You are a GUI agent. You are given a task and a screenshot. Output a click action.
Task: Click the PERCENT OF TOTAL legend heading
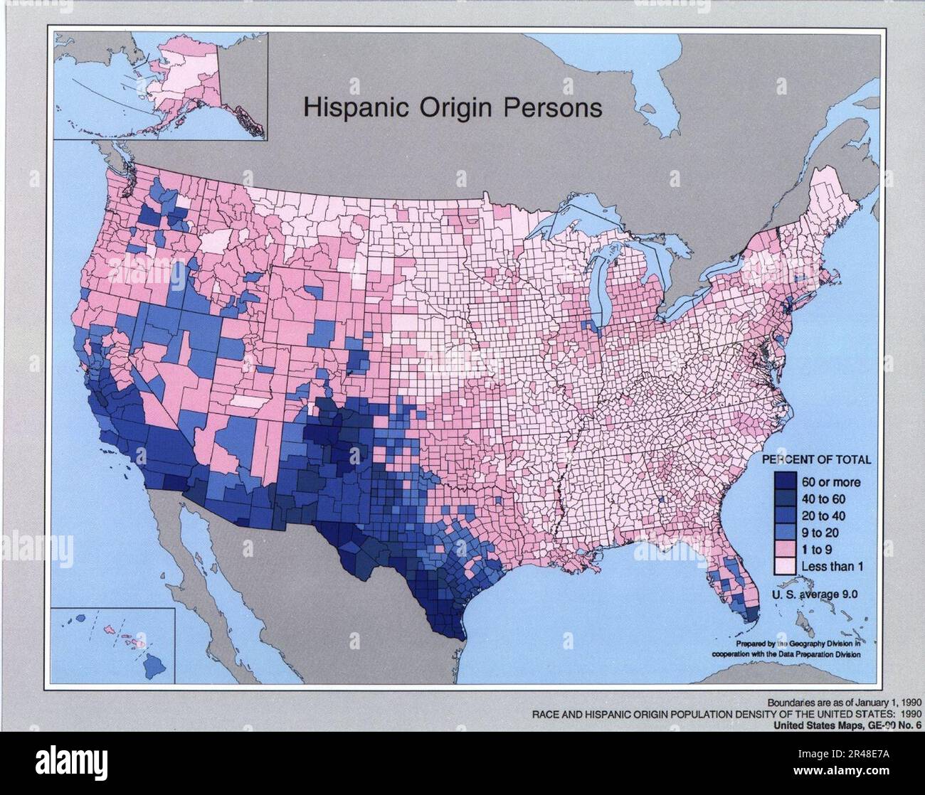(818, 460)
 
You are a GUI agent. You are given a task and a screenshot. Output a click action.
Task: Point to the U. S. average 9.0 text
(817, 594)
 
